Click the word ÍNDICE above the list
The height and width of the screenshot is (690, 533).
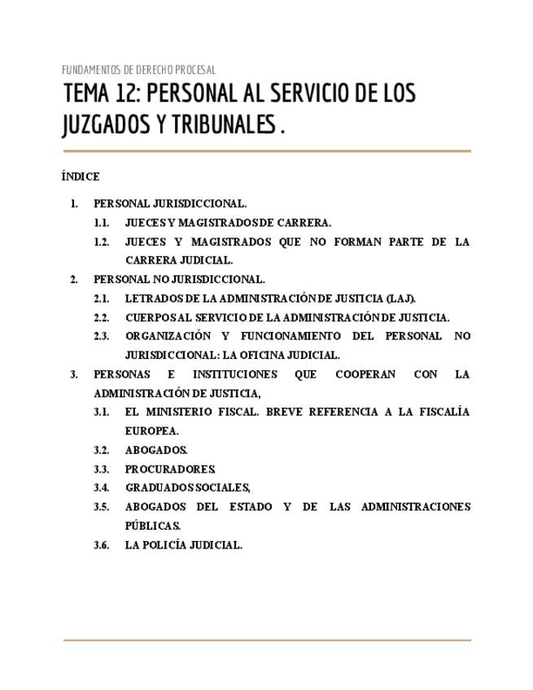click(x=80, y=177)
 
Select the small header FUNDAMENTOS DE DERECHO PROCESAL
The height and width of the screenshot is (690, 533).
click(x=138, y=70)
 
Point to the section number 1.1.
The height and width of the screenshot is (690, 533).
click(x=101, y=222)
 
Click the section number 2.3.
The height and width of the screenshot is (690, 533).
click(x=101, y=336)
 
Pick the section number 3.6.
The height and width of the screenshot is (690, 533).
click(x=101, y=545)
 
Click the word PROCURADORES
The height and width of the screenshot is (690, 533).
click(x=170, y=469)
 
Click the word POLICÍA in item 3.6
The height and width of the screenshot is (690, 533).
click(x=172, y=545)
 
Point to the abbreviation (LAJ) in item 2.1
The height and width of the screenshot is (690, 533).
click(x=400, y=299)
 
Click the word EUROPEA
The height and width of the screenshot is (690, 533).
click(x=151, y=430)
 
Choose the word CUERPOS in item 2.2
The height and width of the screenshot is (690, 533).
click(x=149, y=317)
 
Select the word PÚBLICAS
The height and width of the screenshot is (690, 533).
click(x=152, y=526)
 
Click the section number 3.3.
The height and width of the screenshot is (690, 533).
click(x=101, y=469)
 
